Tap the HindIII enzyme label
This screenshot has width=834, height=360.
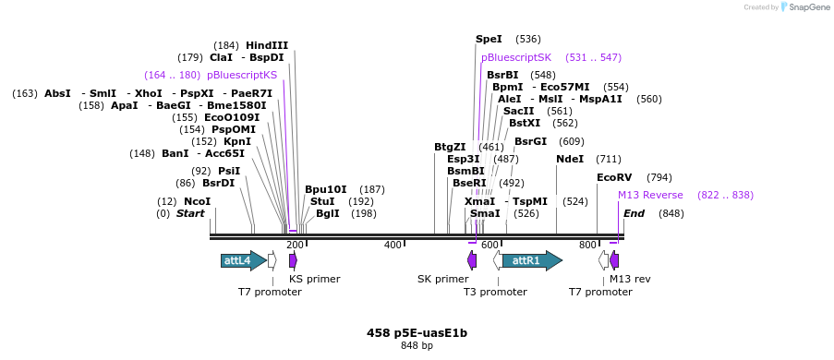(x=267, y=45)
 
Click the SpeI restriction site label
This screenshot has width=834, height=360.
(x=489, y=39)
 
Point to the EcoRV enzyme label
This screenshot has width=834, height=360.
(x=614, y=177)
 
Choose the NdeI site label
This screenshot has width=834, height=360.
(x=570, y=159)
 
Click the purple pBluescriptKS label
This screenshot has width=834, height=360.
(x=242, y=75)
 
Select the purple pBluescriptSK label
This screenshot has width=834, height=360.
(x=516, y=57)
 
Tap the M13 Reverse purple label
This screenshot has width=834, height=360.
(x=650, y=195)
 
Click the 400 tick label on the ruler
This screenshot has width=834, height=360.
(x=393, y=245)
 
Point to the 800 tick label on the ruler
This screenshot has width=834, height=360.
(x=587, y=245)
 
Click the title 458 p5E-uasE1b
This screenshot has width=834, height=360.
(x=417, y=332)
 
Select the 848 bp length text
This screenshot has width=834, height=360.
(x=417, y=346)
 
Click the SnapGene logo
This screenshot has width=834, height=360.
(x=802, y=7)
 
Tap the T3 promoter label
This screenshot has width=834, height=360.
(x=495, y=292)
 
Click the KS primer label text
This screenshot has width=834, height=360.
(x=314, y=279)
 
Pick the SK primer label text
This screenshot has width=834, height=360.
(x=442, y=279)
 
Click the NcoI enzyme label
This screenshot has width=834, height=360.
(x=197, y=201)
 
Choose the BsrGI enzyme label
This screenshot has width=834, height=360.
(x=530, y=141)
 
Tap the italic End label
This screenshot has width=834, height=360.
(x=634, y=213)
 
